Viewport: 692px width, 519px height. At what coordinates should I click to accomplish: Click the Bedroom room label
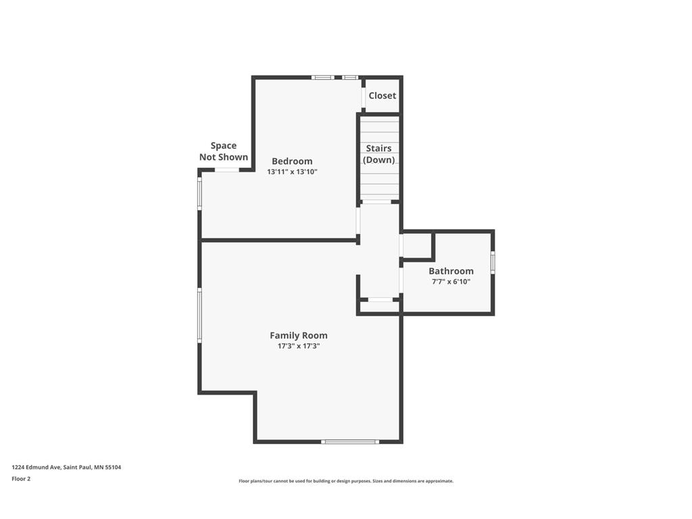(292, 161)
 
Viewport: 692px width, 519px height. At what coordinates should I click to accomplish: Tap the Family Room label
(298, 335)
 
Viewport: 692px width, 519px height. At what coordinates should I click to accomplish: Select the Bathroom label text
(451, 271)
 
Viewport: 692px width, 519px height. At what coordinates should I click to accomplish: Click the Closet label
(382, 95)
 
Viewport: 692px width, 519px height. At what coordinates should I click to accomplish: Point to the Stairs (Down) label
(378, 154)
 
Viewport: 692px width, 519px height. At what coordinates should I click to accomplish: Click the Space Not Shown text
(223, 151)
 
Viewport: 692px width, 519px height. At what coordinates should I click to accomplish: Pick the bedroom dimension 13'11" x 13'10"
(292, 172)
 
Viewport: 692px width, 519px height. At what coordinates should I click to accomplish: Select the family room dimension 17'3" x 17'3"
(298, 346)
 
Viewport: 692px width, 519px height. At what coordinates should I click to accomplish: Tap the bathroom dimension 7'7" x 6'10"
(451, 282)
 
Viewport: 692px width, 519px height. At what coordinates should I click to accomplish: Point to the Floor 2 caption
(21, 478)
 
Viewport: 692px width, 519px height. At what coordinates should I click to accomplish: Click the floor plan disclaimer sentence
(346, 481)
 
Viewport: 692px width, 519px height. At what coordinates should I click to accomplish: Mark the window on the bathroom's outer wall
(493, 262)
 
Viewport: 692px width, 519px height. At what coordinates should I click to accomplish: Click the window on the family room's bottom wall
(350, 441)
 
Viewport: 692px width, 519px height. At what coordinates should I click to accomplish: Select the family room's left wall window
(199, 315)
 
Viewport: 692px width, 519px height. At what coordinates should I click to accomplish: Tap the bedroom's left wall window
(199, 193)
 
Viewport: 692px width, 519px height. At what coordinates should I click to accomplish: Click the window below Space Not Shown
(227, 170)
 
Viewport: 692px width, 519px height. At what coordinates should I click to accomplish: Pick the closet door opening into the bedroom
(363, 98)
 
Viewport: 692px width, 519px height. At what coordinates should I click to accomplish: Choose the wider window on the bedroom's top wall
(322, 78)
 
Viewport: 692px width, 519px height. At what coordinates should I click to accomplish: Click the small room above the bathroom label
(416, 245)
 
